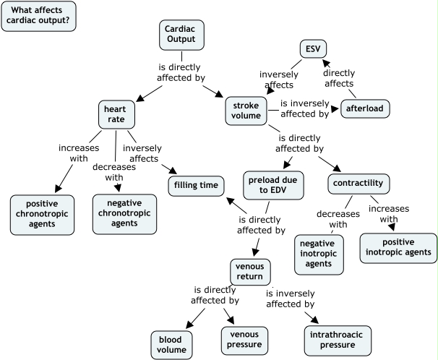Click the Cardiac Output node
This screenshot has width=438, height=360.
pos(181,33)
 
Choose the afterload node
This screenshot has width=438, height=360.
pos(366,108)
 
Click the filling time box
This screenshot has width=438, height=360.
pos(194,186)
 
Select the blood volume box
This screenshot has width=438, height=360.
pos(171,343)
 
